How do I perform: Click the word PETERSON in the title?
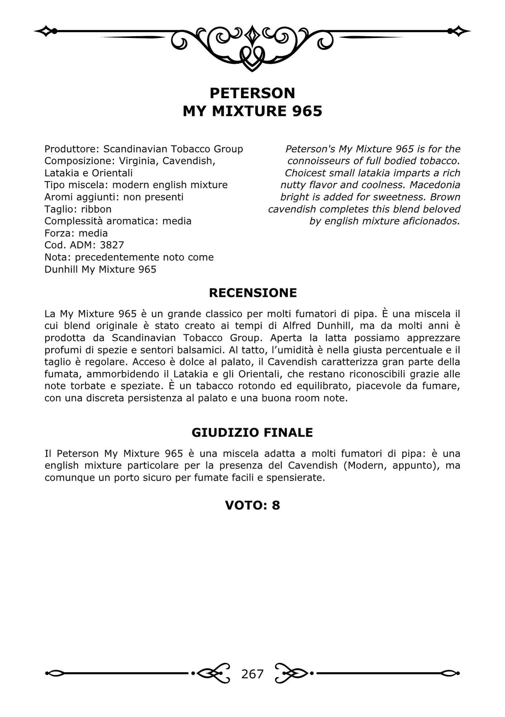252,93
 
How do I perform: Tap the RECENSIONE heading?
253,293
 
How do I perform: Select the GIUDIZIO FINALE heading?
252,433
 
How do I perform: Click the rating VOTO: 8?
252,505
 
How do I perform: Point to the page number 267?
252,674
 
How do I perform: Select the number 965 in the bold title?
307,111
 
